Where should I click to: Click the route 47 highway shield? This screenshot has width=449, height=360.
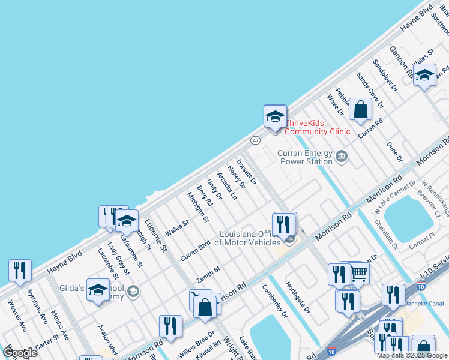tap(256, 140)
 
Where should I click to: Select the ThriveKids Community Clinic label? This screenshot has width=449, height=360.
tap(317, 127)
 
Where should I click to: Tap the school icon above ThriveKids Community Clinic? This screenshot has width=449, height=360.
tap(275, 117)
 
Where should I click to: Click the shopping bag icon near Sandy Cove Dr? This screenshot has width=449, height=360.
tap(360, 110)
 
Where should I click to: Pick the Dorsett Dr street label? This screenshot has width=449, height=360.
tap(246, 172)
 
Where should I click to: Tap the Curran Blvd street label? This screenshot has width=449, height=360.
tap(195, 251)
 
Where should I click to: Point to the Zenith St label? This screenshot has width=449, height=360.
tap(209, 275)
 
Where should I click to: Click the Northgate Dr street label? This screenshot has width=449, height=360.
tap(298, 298)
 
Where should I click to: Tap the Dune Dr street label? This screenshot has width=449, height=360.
tap(394, 152)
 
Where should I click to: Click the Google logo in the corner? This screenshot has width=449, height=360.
tap(20, 352)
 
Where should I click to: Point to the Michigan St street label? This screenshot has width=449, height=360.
tap(198, 207)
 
